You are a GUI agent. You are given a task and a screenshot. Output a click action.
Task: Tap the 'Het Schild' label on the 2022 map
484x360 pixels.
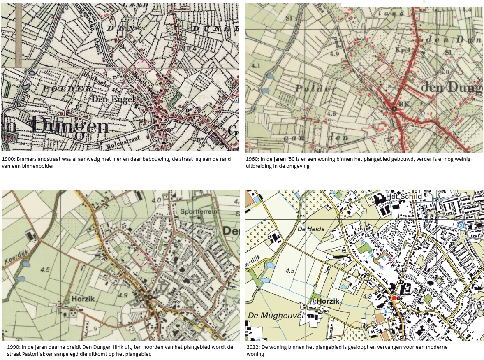pyautogui.click(x=405, y=196)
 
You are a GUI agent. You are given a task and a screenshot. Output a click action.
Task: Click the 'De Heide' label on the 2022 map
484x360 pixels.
pyautogui.click(x=310, y=229)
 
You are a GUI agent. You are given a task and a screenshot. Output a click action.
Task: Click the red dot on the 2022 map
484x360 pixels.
pyautogui.click(x=394, y=298)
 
